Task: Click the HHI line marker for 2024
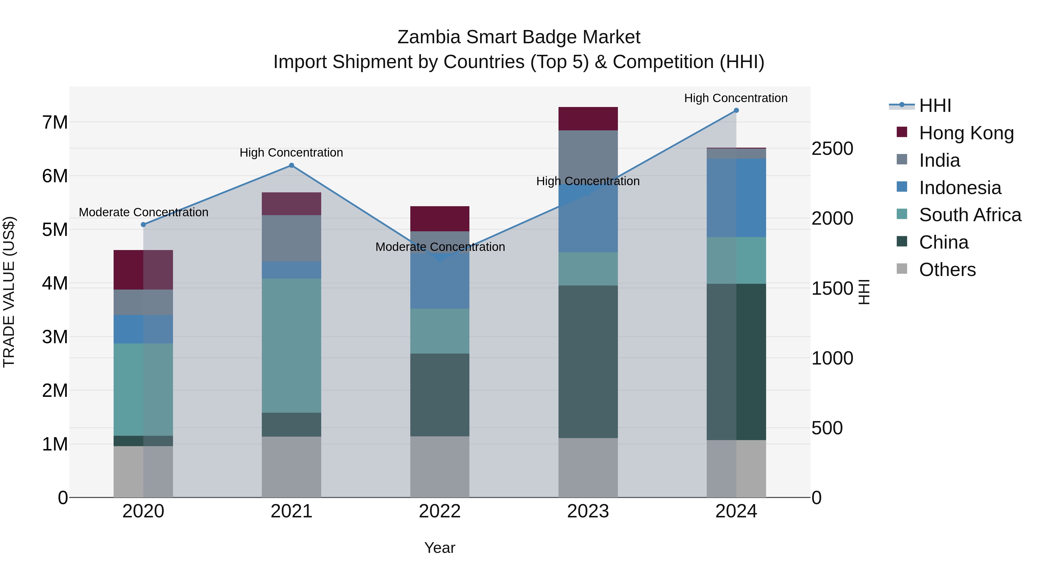click(x=736, y=110)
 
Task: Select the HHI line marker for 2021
click(x=291, y=165)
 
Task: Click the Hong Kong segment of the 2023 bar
click(x=588, y=119)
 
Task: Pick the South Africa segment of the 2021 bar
click(x=291, y=345)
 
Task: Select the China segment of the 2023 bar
click(x=588, y=362)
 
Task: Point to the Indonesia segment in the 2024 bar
click(x=736, y=198)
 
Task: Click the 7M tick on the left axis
click(x=55, y=122)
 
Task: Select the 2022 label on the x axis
click(x=440, y=511)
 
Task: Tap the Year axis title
click(x=440, y=548)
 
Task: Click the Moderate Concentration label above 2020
click(x=144, y=212)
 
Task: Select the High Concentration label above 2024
click(x=736, y=98)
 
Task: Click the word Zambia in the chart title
click(x=429, y=37)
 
